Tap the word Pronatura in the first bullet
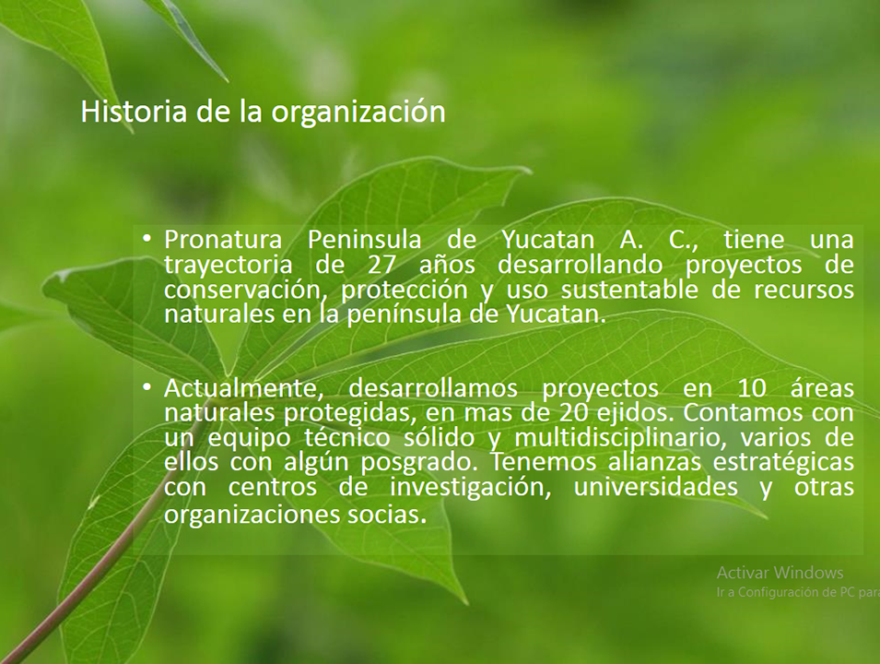tap(223, 240)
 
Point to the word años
tap(447, 265)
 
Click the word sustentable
tap(629, 290)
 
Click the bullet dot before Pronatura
tap(147, 239)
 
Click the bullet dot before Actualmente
tap(147, 387)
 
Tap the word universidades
tap(655, 487)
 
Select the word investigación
tap(470, 488)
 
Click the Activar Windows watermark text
tap(780, 573)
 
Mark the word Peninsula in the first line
tap(365, 240)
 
